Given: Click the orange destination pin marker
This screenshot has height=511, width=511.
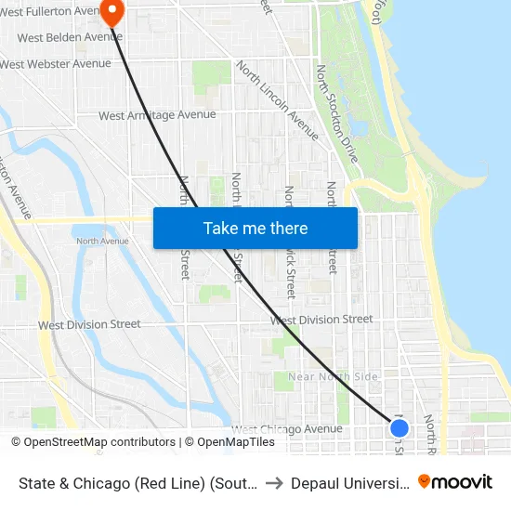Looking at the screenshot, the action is point(111,11).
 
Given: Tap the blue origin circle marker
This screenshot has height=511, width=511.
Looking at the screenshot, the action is point(400,428).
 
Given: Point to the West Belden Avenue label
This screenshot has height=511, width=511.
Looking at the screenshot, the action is point(70,37).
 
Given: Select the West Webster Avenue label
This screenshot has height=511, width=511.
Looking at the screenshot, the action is point(56,64).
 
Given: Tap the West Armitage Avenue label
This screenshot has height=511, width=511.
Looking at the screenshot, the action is point(157,115).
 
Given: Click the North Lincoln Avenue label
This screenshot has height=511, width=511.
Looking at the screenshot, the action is point(277,101).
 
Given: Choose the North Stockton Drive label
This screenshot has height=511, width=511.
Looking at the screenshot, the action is point(336,114).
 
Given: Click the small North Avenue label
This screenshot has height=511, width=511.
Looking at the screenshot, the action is point(102,242).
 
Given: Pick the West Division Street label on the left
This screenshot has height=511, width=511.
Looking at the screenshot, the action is point(89,325).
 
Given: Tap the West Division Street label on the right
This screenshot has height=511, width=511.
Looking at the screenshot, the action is point(321,320).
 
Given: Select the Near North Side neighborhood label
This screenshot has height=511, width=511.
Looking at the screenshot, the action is point(333,376).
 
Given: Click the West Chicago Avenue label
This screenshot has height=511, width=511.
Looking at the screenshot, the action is point(287,429).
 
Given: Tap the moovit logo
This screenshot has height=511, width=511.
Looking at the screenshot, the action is point(455,482).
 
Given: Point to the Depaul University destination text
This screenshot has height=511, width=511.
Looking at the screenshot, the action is point(348,483).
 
